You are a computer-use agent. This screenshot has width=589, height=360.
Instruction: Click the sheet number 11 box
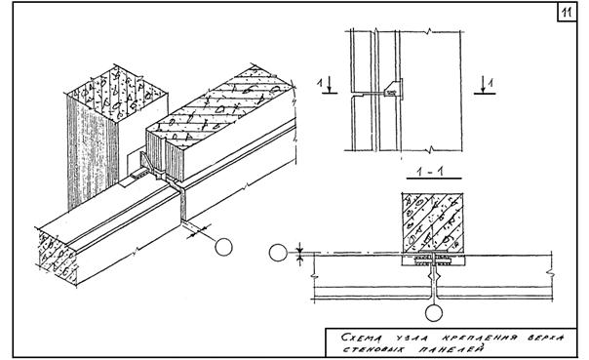(567, 13)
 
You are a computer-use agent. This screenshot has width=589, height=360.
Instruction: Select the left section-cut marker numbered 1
(328, 86)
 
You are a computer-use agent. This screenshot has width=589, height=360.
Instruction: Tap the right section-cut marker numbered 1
(486, 86)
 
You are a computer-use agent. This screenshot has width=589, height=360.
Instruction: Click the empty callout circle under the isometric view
(223, 247)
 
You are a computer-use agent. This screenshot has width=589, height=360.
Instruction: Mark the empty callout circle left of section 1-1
(278, 253)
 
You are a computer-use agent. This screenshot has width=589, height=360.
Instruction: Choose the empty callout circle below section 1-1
(434, 312)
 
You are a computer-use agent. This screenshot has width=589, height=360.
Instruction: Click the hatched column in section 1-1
(432, 222)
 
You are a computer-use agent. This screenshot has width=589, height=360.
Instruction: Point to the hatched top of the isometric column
(116, 90)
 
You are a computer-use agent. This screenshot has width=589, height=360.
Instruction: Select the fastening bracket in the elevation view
(393, 90)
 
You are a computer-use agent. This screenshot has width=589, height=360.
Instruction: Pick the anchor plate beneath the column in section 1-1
(433, 260)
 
